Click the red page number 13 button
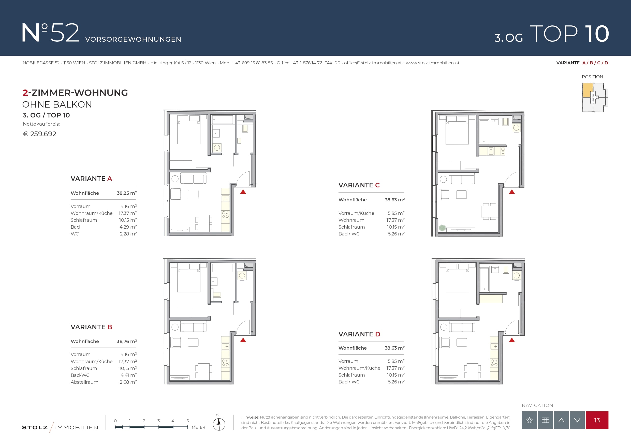pos(597,420)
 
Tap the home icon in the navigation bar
pos(529,420)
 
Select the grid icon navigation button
pos(545,420)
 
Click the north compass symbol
pos(219,424)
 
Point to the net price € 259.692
pos(40,134)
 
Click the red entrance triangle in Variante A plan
pos(243,192)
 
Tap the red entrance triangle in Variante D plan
pos(512,340)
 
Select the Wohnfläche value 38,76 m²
pos(127,341)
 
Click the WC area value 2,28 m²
pos(128,234)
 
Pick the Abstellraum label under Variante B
pos(84,382)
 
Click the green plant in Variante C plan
pos(442,228)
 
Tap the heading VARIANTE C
pos(359,185)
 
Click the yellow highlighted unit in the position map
pos(588,90)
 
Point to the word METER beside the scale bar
pos(198,427)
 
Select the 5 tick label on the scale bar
pos(187,421)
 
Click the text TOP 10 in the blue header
pos(569,34)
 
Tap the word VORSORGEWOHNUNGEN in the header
pos(133,39)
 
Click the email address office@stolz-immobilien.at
pos(373,63)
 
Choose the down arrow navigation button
pos(577,420)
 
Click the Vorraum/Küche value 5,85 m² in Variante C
pos(396,213)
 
